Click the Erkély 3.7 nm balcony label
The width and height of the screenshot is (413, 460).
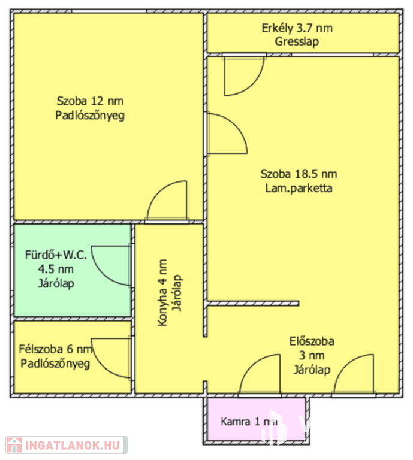pos(297,29)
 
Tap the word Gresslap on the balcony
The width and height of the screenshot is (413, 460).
pos(297,41)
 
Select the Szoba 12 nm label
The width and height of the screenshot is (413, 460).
pos(90,101)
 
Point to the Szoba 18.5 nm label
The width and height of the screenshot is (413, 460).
pos(299,174)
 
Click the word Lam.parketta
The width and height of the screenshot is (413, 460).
pos(299,188)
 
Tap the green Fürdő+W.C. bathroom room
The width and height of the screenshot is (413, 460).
pos(73,270)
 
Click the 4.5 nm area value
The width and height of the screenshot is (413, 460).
pos(56,269)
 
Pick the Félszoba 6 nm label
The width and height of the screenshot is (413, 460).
pos(56,349)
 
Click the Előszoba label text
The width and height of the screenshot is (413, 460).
pos(312,341)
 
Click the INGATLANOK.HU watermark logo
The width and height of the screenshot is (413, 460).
pos(67,446)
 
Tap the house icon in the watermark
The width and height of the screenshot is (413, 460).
pos(14,446)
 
